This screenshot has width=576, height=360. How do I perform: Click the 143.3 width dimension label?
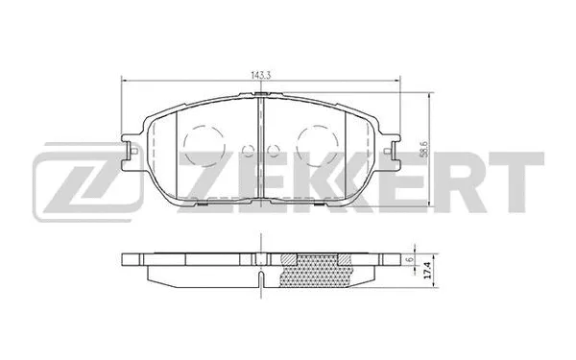pos(262,73)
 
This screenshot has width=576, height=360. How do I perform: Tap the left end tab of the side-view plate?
pos(133,257)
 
